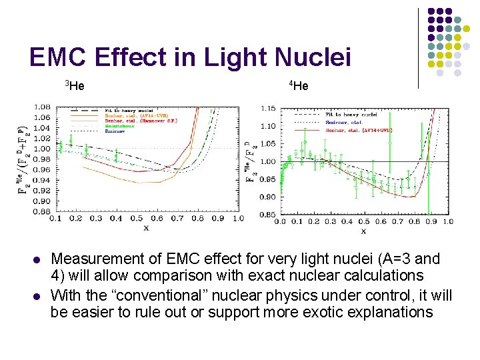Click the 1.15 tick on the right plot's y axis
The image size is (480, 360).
point(268,109)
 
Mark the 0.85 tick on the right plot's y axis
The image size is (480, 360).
point(268,215)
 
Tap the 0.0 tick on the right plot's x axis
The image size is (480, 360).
point(280,221)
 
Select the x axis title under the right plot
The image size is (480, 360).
point(363,231)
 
